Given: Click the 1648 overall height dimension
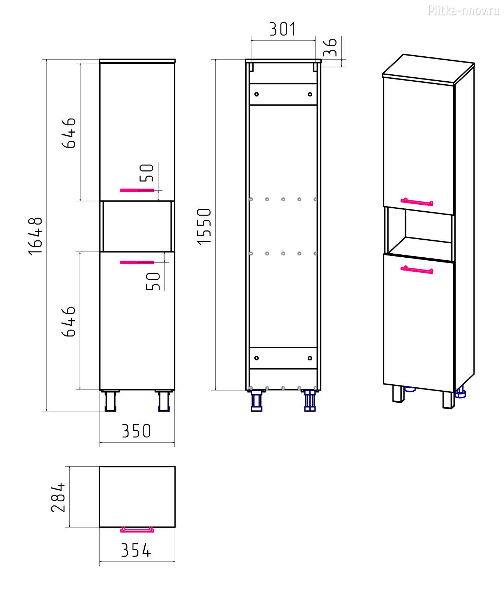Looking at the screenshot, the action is point(36,236).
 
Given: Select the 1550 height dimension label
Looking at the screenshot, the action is point(204,226).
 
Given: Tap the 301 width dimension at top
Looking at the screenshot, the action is point(282,29).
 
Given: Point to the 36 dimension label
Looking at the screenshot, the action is point(330,47).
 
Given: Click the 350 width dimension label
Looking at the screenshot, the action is point(136,431).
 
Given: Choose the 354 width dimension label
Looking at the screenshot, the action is point(136,550).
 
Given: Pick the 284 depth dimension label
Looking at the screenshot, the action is point(58,497).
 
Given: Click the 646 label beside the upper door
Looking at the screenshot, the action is point(68,133).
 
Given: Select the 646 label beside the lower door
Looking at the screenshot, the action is point(68,322).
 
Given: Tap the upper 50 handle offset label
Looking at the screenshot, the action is point(147,173).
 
